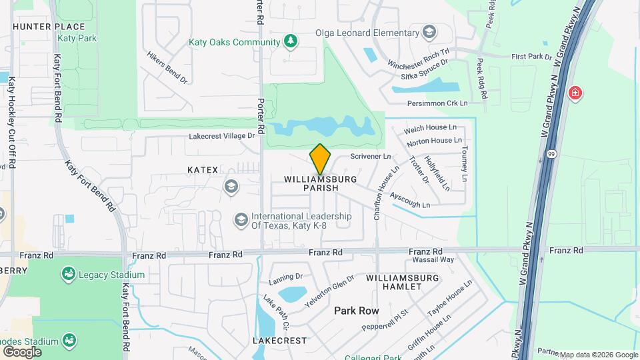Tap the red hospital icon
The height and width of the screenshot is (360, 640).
(575, 93)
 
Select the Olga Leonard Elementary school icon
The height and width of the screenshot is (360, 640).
(430, 32)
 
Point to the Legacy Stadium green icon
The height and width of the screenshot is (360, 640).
(67, 274)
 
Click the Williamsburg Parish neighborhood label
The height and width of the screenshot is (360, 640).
(320, 184)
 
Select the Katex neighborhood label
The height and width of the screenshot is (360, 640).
(203, 170)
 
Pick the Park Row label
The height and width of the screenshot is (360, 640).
(356, 311)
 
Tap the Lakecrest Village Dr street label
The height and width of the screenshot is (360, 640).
(222, 135)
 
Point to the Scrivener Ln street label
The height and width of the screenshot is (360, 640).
(370, 157)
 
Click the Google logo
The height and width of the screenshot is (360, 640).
(22, 351)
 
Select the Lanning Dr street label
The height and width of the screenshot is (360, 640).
(286, 276)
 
